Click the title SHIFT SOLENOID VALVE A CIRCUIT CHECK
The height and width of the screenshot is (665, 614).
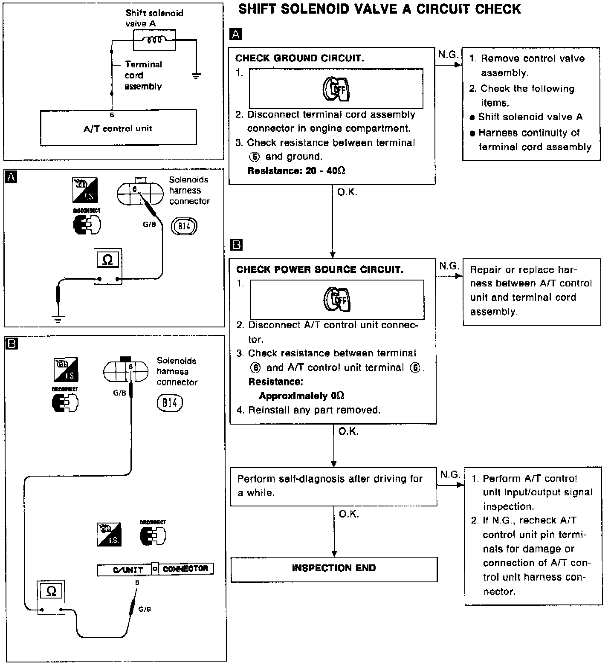(379, 9)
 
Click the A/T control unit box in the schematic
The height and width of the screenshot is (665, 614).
(118, 127)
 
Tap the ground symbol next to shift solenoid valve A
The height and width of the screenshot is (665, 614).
(196, 76)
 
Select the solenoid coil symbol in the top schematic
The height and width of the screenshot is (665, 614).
(154, 40)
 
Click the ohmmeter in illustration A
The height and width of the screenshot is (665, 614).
(108, 266)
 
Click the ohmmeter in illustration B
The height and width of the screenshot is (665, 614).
(51, 596)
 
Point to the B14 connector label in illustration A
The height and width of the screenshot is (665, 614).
(184, 226)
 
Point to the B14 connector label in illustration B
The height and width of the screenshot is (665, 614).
(170, 403)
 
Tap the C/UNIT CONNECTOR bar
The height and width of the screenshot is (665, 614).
(155, 569)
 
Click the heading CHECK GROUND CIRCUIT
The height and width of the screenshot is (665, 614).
(299, 58)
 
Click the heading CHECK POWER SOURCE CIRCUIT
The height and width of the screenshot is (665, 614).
(319, 269)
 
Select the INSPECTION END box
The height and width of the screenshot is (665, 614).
(334, 569)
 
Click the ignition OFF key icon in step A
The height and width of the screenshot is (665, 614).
(336, 89)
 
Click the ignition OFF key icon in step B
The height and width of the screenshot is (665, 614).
(337, 299)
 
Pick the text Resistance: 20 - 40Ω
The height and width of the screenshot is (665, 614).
(296, 171)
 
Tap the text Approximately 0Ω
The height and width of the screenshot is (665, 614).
(301, 396)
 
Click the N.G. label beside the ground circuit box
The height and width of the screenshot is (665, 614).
(448, 55)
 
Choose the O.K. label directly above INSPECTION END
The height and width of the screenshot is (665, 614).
(349, 514)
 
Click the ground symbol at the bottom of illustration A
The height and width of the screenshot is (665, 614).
(58, 319)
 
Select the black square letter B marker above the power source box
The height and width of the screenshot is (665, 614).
(236, 245)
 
